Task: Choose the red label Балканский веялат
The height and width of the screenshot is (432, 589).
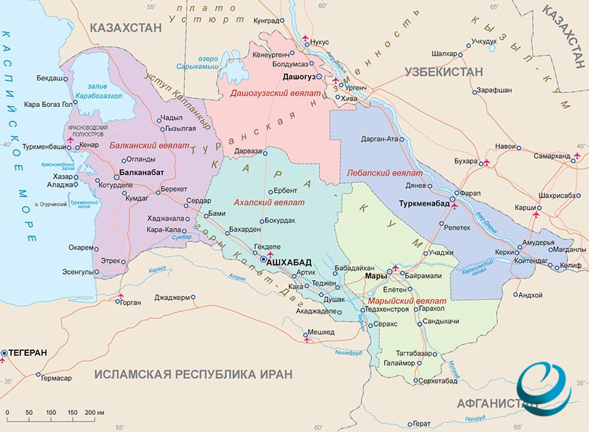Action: point(140,145)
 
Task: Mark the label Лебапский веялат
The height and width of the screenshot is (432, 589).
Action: point(385,173)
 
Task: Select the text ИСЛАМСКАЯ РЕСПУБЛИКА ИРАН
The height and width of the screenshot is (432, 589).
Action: point(193,374)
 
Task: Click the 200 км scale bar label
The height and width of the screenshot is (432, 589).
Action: point(95,413)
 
